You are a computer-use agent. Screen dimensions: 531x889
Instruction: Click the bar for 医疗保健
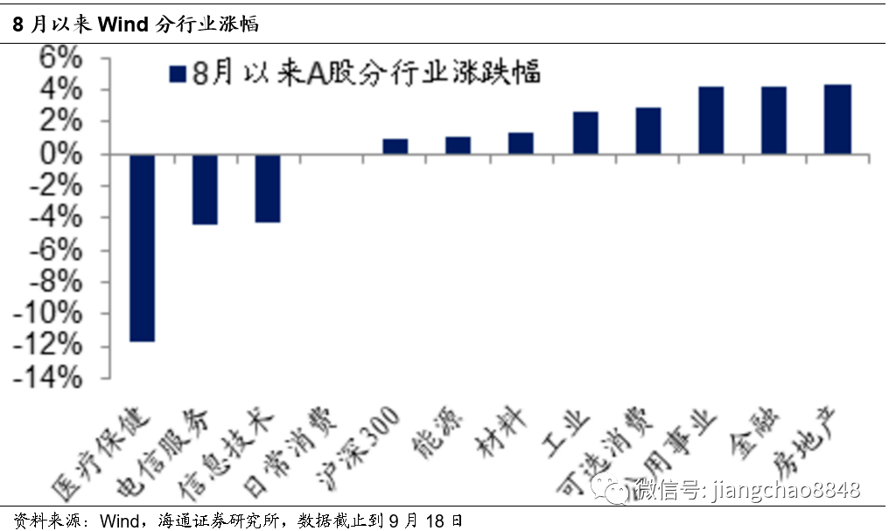[x=143, y=248]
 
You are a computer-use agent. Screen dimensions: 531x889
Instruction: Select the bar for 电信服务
[x=206, y=189]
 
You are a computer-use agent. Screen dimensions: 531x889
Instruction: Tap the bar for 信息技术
[x=269, y=188]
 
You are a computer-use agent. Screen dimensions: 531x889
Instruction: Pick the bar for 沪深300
[x=395, y=146]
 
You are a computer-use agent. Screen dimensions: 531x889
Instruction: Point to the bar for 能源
[x=458, y=145]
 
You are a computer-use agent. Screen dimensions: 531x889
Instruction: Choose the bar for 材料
[x=521, y=143]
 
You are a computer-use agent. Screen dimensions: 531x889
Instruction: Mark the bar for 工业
[x=585, y=133]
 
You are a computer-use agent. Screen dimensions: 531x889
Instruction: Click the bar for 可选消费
[x=648, y=131]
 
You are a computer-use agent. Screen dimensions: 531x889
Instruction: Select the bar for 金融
[x=774, y=121]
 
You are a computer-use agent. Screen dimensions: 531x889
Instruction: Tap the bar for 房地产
[x=837, y=120]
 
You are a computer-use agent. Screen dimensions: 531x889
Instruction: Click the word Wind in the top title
[x=123, y=24]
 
